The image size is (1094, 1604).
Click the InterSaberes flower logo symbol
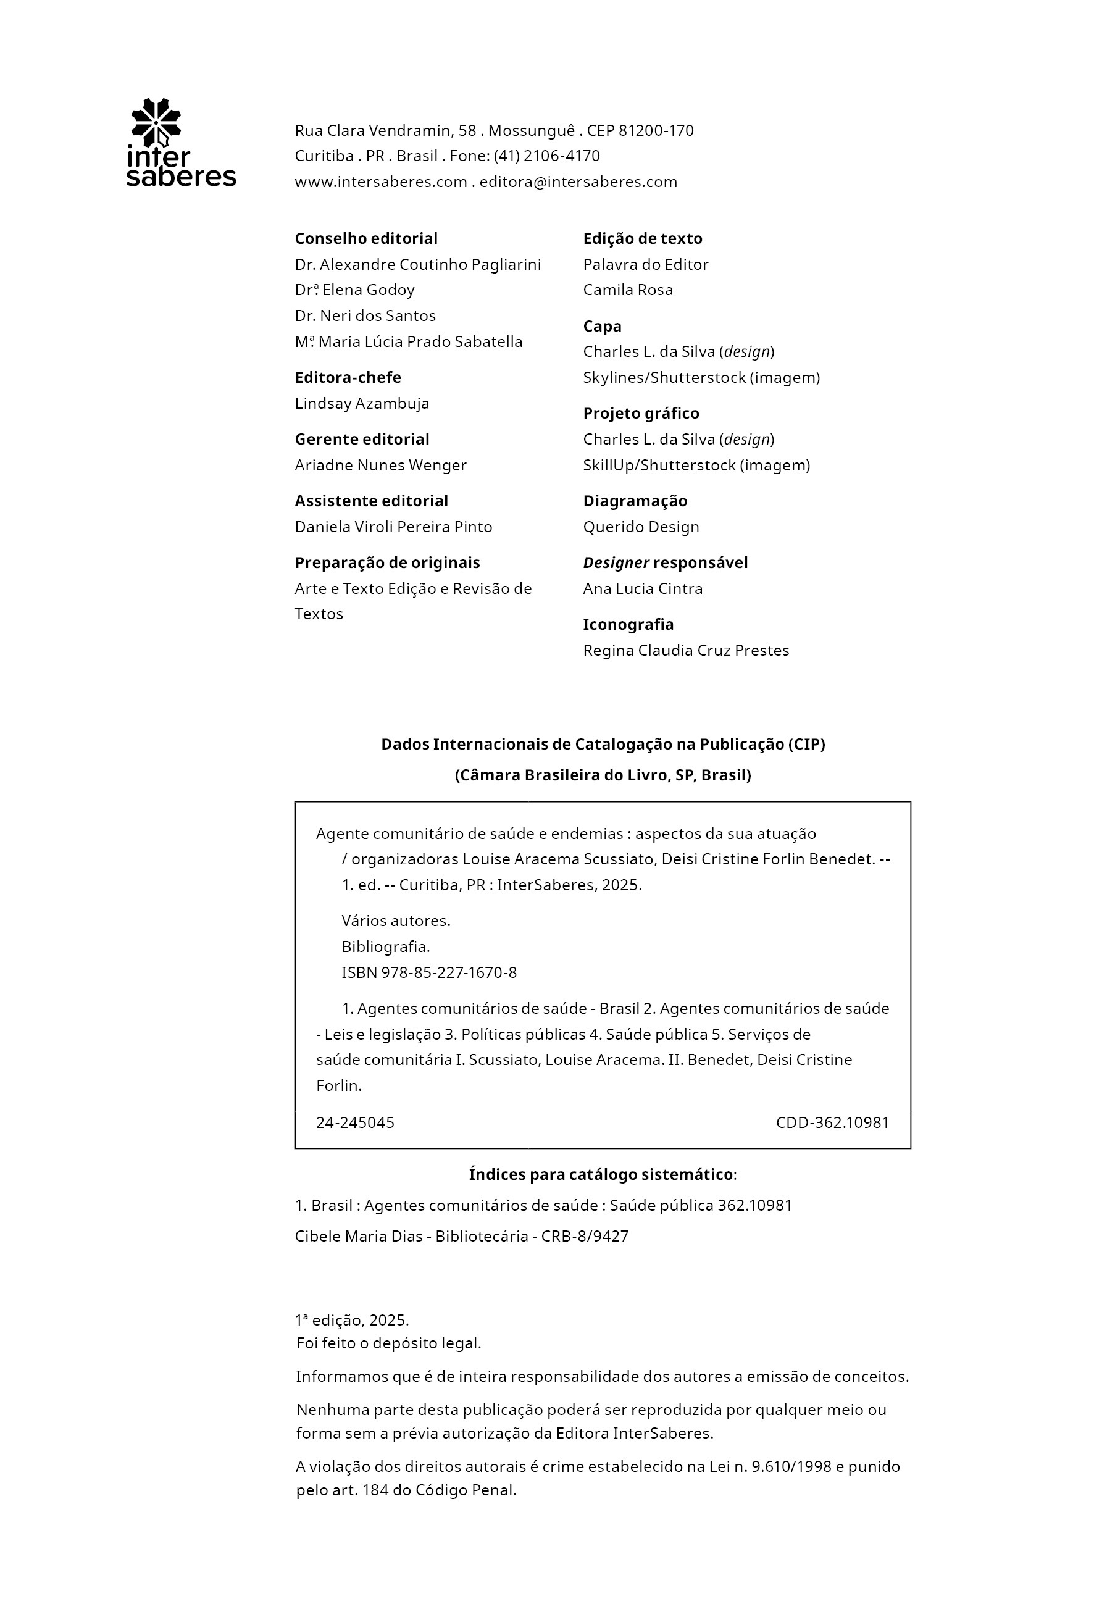156,122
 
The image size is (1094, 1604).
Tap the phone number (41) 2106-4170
546,156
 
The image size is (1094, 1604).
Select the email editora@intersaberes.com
578,182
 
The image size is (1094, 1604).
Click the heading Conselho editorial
366,239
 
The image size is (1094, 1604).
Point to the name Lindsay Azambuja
362,404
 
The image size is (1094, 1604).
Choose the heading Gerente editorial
362,440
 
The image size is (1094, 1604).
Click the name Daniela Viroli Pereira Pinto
393,527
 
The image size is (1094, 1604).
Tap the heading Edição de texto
643,239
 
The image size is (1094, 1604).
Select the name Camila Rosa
627,290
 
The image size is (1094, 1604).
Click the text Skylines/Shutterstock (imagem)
701,377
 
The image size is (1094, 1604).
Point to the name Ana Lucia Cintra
643,589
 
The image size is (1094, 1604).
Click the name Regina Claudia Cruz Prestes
685,651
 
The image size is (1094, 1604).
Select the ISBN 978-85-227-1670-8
428,973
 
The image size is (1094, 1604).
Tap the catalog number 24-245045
355,1123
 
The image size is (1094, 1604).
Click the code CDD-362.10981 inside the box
832,1123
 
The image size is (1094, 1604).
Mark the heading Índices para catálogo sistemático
601,1175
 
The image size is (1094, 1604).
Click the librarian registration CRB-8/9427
585,1236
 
